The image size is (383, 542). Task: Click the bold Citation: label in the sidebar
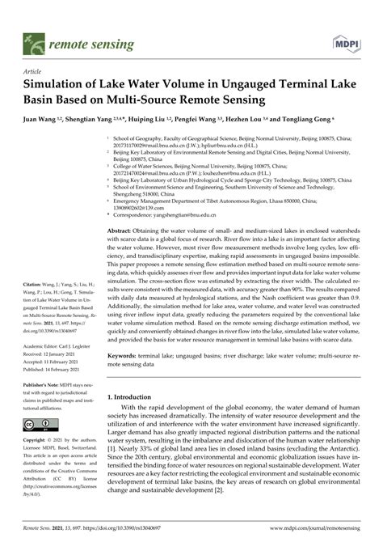(x=36, y=286)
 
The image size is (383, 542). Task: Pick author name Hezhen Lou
(x=247, y=118)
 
